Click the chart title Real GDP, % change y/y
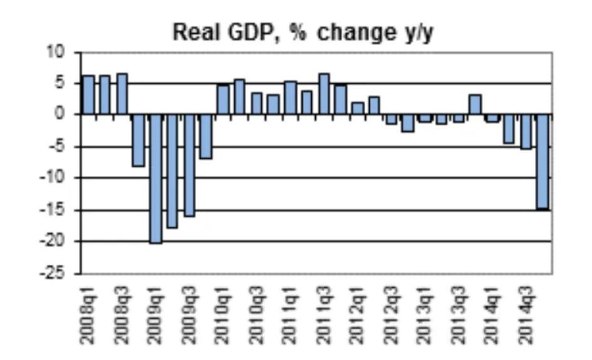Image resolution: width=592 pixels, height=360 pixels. point(303,33)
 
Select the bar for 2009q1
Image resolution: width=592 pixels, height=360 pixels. point(155,178)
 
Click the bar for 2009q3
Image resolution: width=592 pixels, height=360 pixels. point(189,165)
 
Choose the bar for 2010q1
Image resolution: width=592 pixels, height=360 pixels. point(223,100)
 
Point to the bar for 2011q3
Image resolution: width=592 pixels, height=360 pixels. point(324,95)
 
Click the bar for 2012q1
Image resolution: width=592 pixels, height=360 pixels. point(358,108)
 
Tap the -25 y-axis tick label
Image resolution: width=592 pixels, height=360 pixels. point(61,274)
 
